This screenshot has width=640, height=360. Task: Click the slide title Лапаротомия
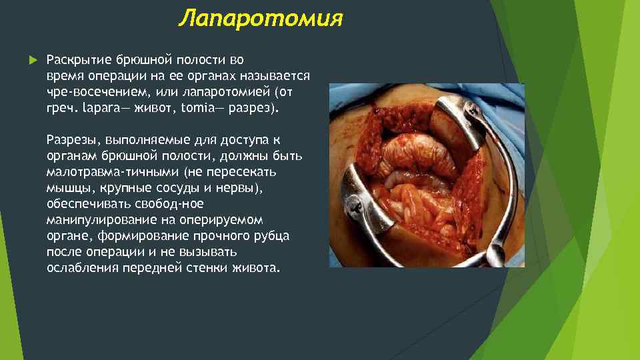261,19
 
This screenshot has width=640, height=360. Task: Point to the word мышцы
66,188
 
